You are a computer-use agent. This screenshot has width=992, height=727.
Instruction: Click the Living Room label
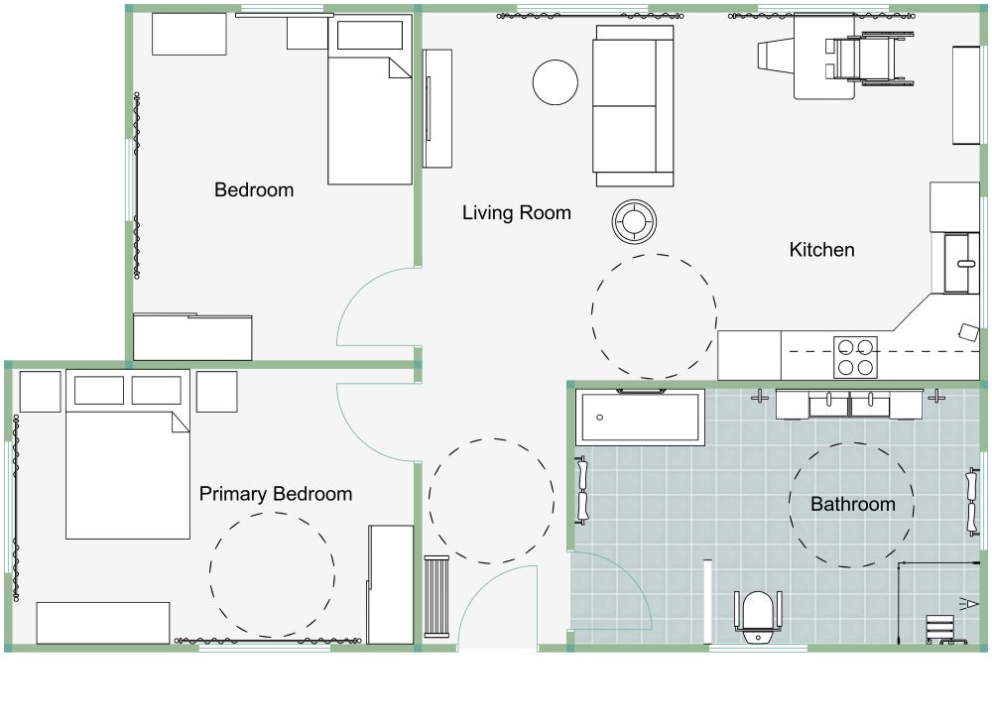[516, 212]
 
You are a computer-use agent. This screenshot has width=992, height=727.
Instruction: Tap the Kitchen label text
[821, 250]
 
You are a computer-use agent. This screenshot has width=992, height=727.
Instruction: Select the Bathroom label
[852, 504]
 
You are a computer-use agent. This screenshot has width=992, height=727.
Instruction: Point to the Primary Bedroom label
[276, 494]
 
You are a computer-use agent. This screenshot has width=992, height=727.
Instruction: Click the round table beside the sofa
[556, 82]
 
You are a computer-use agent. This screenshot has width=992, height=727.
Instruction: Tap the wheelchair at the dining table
[861, 57]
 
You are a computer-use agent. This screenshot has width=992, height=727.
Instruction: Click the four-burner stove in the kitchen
[855, 357]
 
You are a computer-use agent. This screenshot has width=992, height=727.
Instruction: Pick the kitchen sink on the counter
[960, 263]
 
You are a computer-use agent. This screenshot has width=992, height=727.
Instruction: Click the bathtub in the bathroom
[641, 418]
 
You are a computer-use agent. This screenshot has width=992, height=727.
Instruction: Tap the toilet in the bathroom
[757, 611]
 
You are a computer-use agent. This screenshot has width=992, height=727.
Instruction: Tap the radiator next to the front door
[437, 596]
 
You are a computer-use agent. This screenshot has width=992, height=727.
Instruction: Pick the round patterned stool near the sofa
[633, 221]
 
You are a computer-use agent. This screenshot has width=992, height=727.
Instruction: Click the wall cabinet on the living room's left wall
[437, 109]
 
